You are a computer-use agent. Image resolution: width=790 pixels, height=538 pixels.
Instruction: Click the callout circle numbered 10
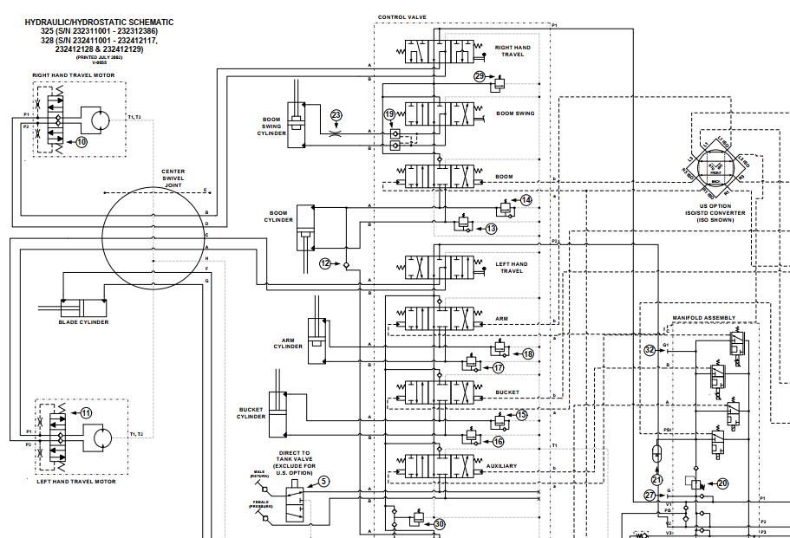82,140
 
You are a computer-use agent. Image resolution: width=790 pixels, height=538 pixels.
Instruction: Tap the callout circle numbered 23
336,114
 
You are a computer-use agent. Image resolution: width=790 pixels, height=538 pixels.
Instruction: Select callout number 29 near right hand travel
479,76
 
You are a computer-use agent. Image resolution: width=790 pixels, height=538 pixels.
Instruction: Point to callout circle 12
325,263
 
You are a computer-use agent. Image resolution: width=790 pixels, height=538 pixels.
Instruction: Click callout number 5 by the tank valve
323,481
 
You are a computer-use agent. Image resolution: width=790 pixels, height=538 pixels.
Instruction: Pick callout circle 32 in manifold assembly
650,350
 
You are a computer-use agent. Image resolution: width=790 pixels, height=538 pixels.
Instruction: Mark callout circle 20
722,483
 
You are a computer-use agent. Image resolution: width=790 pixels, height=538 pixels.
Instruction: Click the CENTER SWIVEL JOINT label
173,178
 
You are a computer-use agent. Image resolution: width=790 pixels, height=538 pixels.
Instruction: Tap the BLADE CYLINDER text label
83,321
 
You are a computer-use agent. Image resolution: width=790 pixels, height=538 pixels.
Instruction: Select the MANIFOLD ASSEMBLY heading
703,318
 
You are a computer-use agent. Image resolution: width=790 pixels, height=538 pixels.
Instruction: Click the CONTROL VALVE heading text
402,17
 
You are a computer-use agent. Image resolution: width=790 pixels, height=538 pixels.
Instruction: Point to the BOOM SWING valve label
515,113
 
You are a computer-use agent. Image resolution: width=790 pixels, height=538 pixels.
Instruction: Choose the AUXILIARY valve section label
501,466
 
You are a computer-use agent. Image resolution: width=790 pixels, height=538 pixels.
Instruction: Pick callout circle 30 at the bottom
439,523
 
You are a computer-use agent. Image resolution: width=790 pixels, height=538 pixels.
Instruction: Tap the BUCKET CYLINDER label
251,412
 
